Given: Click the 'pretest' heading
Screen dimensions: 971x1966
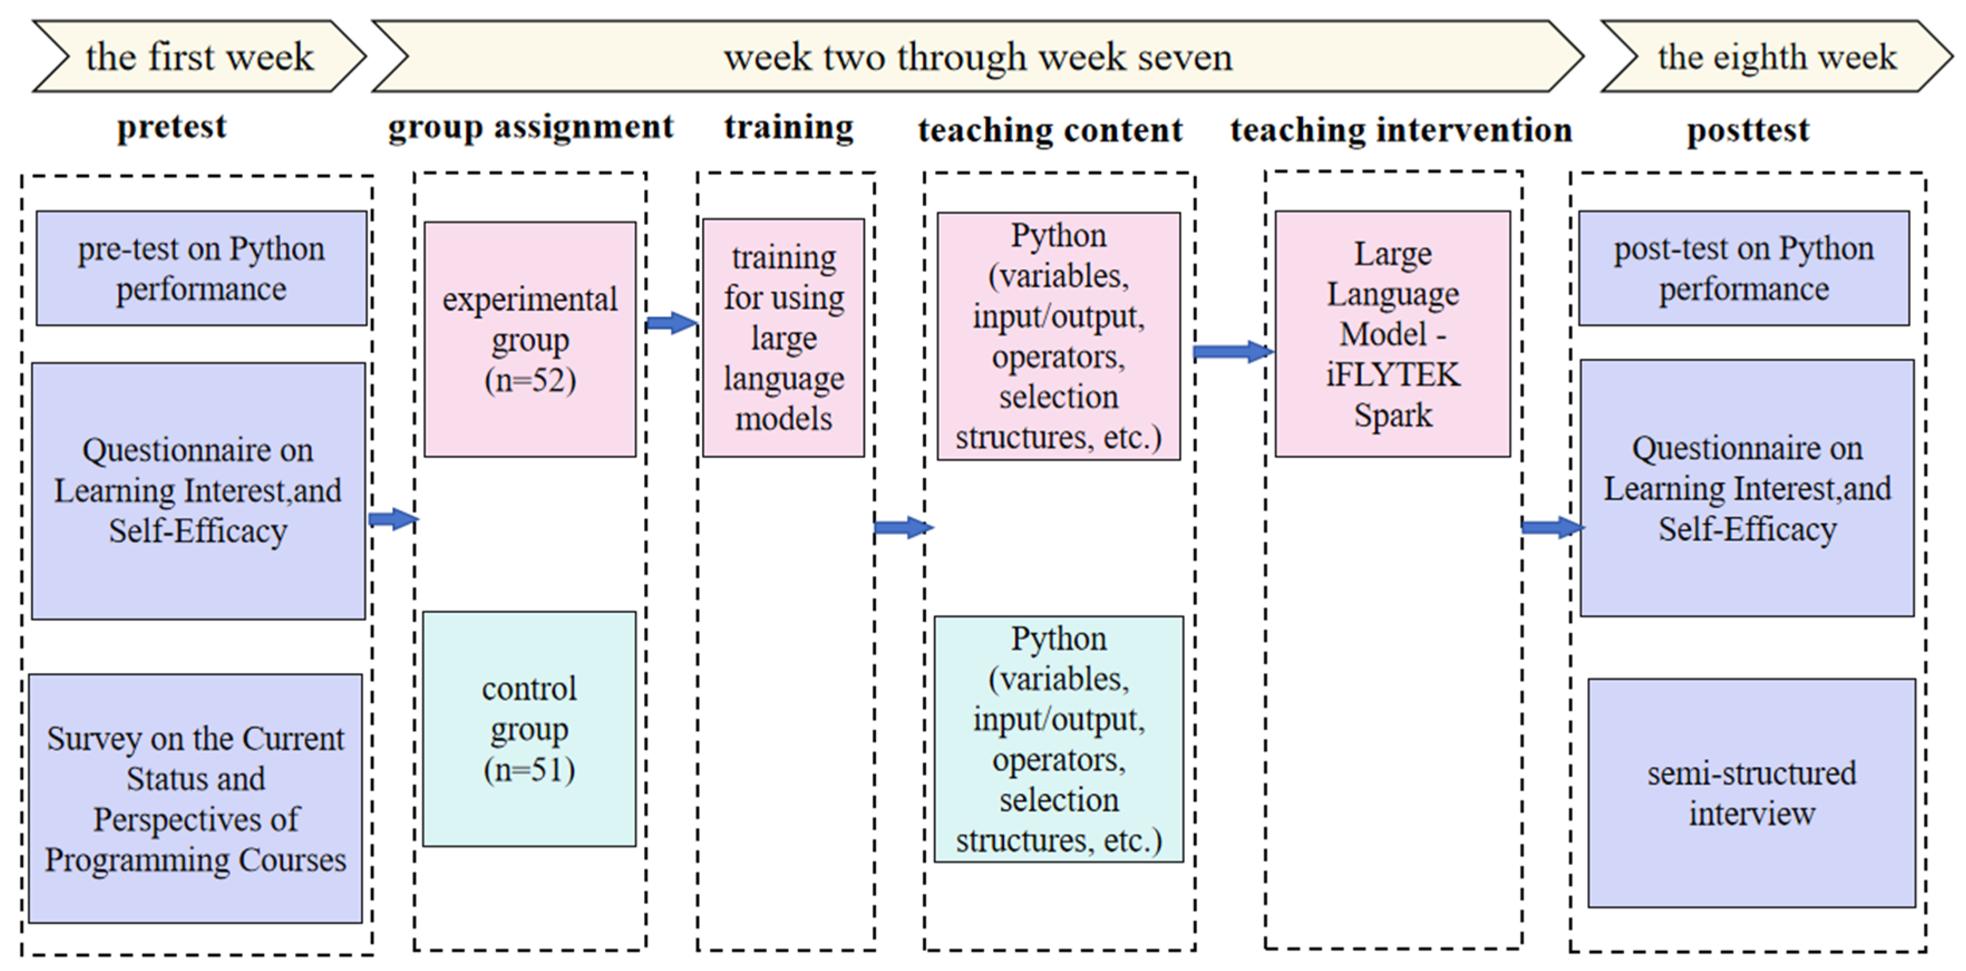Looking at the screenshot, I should pos(172,127).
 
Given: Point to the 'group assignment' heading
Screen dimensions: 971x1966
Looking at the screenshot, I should pos(531,127).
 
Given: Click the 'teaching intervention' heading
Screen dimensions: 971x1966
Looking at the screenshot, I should pos(1401,130).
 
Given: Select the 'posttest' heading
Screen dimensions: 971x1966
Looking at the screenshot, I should pos(1748,130).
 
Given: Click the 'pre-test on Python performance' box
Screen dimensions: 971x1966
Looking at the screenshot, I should pos(202,269).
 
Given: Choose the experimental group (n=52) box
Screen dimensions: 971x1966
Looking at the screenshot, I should pos(529,339).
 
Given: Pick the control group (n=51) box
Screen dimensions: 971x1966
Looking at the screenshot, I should pos(529,729).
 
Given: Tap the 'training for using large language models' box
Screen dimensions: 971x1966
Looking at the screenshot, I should pos(784,338).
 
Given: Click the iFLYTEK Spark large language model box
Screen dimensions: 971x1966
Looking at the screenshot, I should pos(1393,334).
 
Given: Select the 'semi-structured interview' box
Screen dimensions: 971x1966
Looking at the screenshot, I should pos(1751,793).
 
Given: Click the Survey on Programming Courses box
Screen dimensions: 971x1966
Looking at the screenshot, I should pos(196,798).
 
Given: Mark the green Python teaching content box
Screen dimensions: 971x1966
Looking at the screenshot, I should pos(1059,739).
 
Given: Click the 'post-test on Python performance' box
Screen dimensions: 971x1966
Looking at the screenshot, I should pos(1744,269).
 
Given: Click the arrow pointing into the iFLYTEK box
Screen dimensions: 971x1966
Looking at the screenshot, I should pos(1232,352).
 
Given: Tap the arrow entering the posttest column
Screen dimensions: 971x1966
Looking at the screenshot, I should pos(1551,527).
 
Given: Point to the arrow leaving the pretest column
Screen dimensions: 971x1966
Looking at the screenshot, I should pos(393,520).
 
